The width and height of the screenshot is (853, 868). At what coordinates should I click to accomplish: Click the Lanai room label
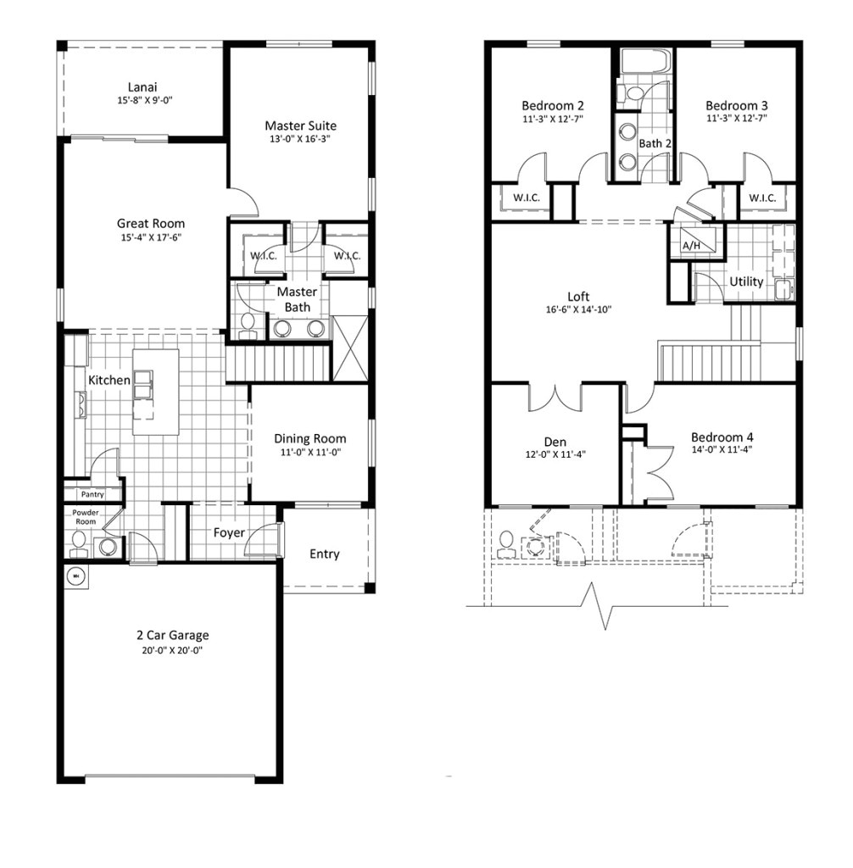click(x=142, y=86)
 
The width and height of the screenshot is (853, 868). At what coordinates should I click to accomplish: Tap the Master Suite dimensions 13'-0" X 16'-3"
click(x=300, y=140)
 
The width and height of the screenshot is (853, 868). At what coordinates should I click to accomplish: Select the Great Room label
click(x=151, y=224)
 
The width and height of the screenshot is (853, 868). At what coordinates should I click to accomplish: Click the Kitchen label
click(x=109, y=381)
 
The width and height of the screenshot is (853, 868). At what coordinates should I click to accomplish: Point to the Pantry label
click(x=92, y=493)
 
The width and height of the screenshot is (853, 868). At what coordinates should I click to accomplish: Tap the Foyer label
click(x=229, y=533)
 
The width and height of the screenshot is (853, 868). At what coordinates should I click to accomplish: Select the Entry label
click(x=324, y=554)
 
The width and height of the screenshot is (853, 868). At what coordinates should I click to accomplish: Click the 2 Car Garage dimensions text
click(x=173, y=650)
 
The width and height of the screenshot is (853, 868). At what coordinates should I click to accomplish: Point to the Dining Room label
click(x=309, y=438)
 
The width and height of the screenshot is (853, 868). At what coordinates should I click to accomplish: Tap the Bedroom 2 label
click(x=552, y=106)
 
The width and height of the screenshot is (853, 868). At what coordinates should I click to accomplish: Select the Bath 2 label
click(x=655, y=144)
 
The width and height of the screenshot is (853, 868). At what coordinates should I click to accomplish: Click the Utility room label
click(x=746, y=281)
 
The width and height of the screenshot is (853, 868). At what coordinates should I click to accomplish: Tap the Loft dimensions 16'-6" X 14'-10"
click(x=578, y=310)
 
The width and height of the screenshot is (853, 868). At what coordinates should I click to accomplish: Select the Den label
click(x=555, y=442)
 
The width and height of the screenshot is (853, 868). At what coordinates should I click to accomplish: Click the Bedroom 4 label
click(x=722, y=438)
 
